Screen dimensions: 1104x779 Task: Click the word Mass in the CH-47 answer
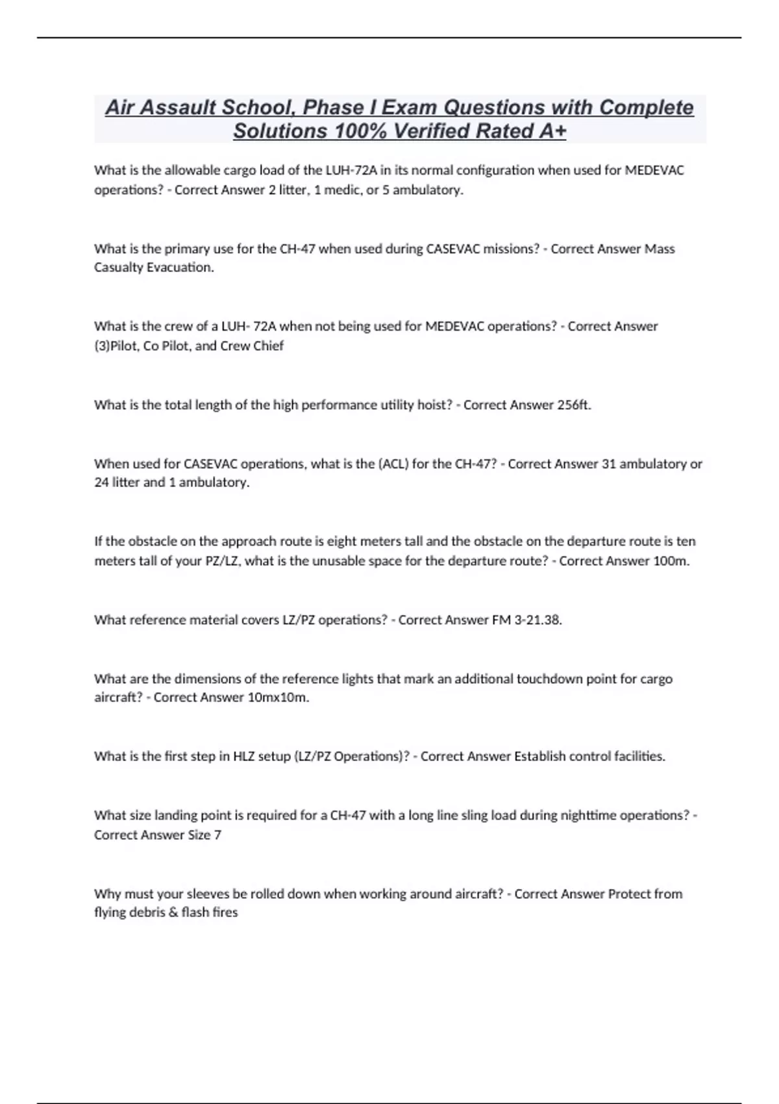coord(659,249)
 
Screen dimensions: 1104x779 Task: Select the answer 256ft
coord(574,405)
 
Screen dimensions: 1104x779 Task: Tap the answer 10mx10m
coord(278,697)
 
